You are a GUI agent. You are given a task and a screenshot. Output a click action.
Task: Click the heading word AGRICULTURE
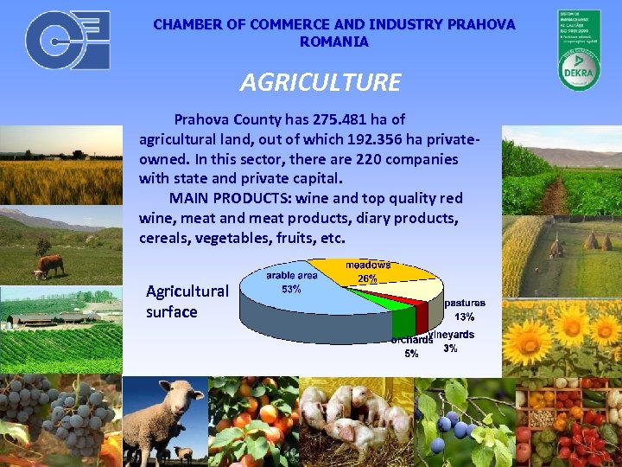(x=321, y=82)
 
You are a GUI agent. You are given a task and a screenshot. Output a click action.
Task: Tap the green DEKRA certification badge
(x=578, y=49)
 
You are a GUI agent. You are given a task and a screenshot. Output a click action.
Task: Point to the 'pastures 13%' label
(x=465, y=310)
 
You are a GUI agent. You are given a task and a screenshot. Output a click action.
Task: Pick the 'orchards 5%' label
(x=410, y=347)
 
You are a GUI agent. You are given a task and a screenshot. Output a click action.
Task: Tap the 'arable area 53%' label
(x=291, y=282)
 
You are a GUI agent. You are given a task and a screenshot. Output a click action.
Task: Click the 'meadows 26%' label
(x=368, y=272)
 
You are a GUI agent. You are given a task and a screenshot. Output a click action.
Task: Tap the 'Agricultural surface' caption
(x=187, y=301)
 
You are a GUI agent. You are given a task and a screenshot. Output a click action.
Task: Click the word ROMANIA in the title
(x=333, y=42)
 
